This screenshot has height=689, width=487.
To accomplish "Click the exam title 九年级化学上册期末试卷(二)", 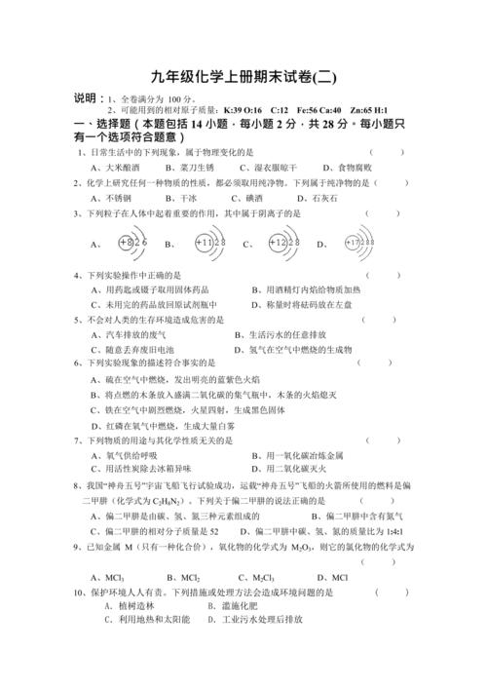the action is tap(243, 76).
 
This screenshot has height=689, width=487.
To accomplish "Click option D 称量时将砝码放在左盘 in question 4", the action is tap(310, 304).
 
